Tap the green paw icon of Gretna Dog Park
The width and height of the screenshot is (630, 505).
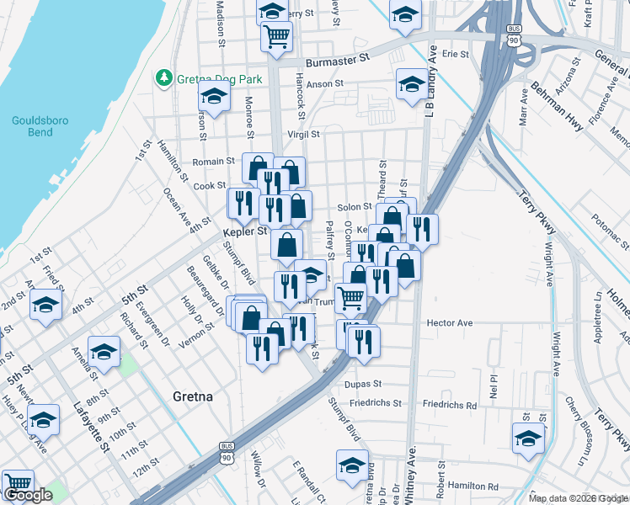pos(163,78)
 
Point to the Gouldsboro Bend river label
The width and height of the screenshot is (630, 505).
pos(34,126)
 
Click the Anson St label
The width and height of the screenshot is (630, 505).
pos(325,83)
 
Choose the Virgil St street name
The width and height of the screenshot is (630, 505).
pos(303,134)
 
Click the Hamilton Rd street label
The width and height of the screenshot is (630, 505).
pos(472,486)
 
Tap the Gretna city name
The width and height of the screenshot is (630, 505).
pos(192,396)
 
